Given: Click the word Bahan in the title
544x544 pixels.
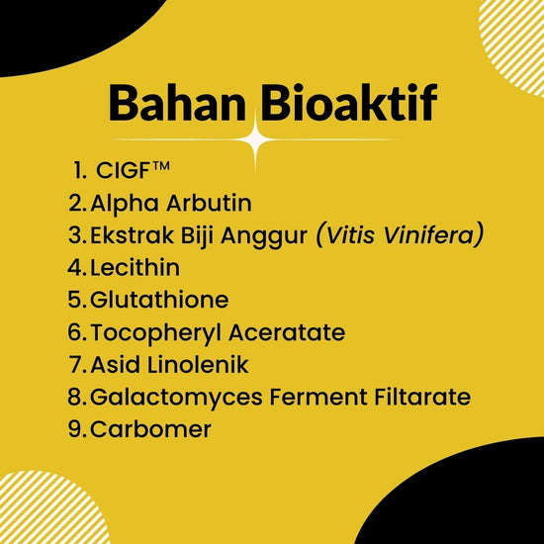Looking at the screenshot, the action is pos(178,102).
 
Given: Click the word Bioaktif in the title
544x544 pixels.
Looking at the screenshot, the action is pos(349,102).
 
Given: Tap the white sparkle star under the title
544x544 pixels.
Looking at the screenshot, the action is pos(256,139).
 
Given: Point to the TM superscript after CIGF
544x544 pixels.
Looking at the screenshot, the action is pos(160,166).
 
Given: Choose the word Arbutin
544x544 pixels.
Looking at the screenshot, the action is pos(209,203).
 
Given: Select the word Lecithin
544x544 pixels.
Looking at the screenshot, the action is pos(136,267).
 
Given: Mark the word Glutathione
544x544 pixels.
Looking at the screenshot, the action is pos(159,300).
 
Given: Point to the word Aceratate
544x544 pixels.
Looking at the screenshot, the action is pos(287,332).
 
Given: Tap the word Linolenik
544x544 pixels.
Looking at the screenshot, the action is pos(198,364).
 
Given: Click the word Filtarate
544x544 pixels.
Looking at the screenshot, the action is pos(422,397).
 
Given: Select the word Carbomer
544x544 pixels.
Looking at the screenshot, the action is pos(150,429).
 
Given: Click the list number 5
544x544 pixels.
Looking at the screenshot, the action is pos(74,300).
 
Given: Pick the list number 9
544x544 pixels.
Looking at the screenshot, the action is pos(74,429).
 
